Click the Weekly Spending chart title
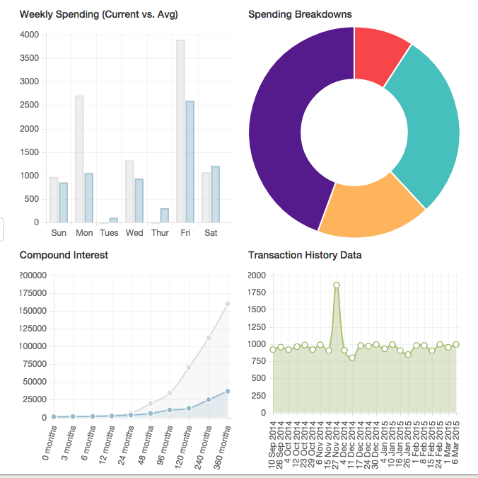(98, 14)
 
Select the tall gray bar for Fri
(180, 131)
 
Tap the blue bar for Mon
(89, 198)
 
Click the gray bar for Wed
(129, 192)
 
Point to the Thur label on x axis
(160, 233)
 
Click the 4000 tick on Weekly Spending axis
(30, 35)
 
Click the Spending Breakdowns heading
(300, 14)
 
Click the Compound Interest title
(64, 255)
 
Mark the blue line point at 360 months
(228, 391)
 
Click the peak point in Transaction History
(337, 285)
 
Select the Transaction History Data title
(305, 255)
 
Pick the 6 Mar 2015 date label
(457, 446)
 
